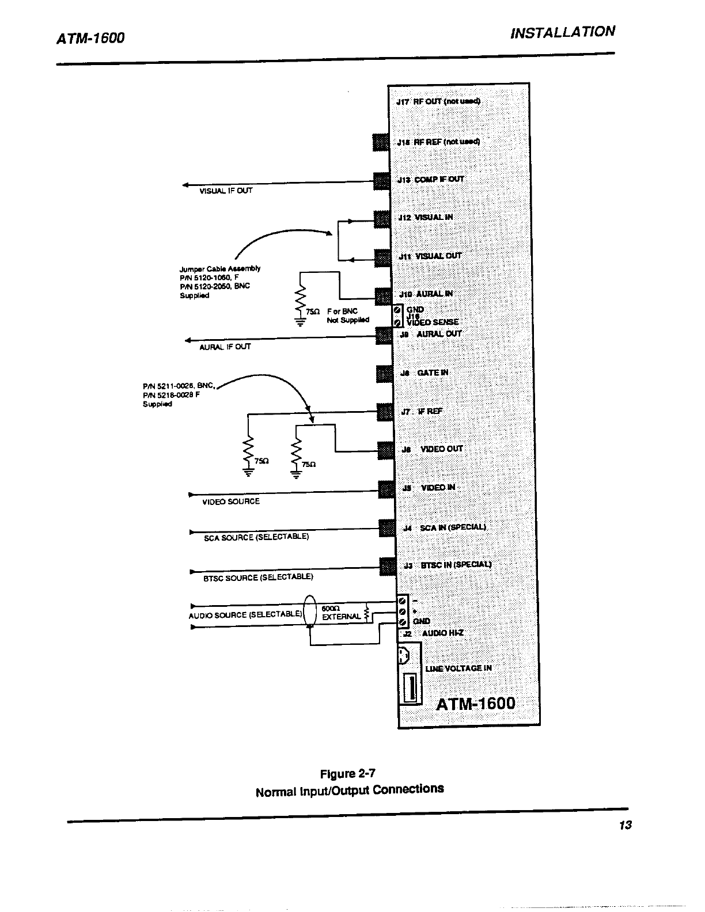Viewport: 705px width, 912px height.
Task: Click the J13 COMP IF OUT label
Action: coord(431,179)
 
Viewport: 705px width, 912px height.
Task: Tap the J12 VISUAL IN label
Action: coord(426,217)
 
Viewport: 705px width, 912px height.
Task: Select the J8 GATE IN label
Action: coord(424,373)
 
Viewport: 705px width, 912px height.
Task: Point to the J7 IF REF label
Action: coord(422,412)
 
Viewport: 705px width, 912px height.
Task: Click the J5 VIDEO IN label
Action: coord(429,488)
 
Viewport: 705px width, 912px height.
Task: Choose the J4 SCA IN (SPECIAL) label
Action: coord(444,527)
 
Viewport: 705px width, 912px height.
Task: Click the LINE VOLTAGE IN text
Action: coord(458,668)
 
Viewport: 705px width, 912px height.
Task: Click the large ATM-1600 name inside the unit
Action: coord(475,704)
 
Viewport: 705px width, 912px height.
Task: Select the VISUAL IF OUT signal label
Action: coord(226,191)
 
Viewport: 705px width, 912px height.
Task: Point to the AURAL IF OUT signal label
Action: coord(225,347)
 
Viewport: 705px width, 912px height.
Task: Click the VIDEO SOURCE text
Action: coord(230,501)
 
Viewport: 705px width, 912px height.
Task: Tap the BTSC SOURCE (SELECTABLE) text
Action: coord(258,577)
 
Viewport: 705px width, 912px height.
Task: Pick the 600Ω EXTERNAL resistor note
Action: coord(340,613)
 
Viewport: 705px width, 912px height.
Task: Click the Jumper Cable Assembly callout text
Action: coord(219,282)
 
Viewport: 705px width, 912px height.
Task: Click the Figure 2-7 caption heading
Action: coord(349,773)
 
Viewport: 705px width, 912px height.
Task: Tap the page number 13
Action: coord(626,825)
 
